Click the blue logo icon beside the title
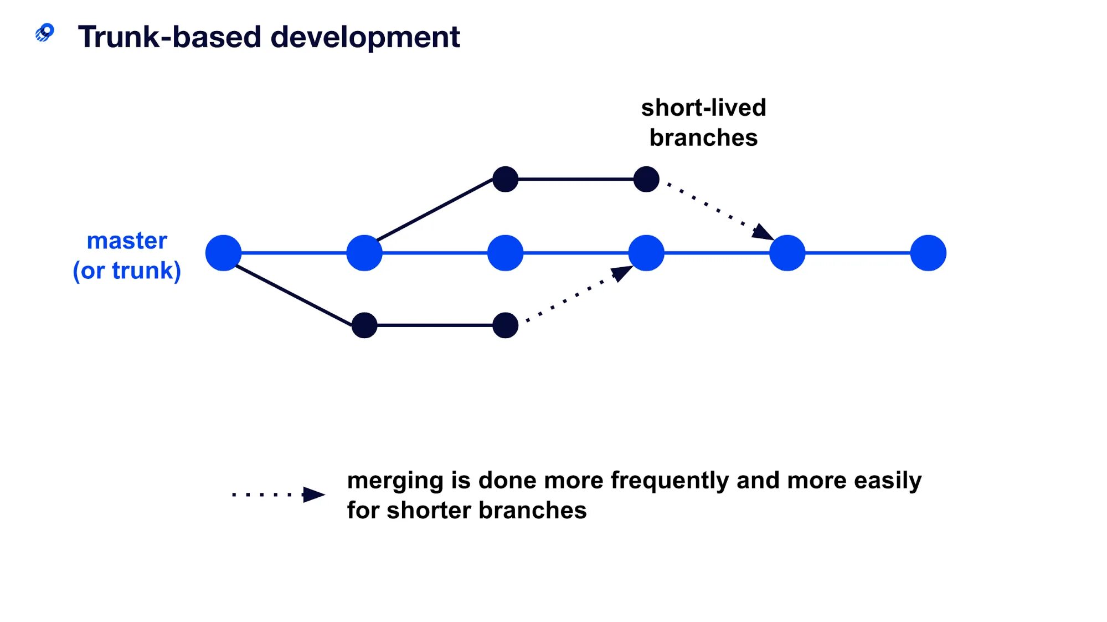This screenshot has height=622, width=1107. pos(45,33)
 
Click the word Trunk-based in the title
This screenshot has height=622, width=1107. pos(169,37)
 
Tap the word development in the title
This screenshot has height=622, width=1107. pos(365,37)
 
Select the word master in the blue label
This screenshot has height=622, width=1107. pos(127,241)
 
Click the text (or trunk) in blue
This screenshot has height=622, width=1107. pos(127,271)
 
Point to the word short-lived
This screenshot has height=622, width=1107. pos(703,108)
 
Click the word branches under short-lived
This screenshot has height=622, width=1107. pos(703,137)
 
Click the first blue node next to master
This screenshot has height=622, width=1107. pos(223,253)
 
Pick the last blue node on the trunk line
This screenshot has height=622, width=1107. pos(928,253)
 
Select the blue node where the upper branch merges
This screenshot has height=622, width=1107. pos(787,253)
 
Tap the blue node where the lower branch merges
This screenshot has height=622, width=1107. pos(646,253)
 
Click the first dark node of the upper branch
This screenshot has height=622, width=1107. pos(505,179)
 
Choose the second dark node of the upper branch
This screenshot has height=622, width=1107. pos(646,179)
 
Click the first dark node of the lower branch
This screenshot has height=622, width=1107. pos(364,325)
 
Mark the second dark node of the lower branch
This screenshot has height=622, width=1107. pos(505,325)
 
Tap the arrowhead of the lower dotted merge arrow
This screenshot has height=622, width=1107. pos(621,273)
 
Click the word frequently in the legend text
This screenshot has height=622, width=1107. pos(670,481)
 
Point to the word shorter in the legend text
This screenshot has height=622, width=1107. pos(429,511)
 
